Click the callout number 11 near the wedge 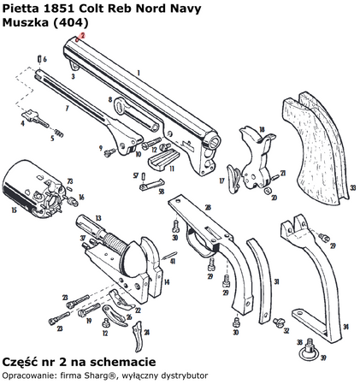click(172, 168)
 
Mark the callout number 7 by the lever click(66, 110)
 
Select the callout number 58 click(161, 192)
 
